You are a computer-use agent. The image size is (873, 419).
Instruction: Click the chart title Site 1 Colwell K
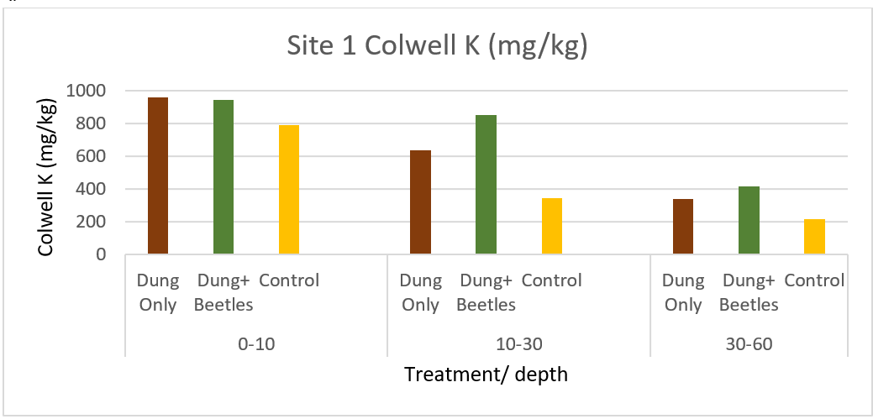(x=435, y=46)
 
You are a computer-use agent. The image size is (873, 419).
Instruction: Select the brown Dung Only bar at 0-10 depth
(x=158, y=175)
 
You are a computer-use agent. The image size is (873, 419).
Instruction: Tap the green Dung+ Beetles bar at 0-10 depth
(x=224, y=177)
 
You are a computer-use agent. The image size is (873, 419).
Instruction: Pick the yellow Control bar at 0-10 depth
(x=289, y=190)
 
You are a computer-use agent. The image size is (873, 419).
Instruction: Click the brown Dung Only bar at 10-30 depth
(x=420, y=202)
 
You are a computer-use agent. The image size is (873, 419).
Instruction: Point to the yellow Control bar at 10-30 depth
(x=552, y=227)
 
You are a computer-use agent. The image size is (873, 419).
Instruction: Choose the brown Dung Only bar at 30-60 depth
(x=683, y=227)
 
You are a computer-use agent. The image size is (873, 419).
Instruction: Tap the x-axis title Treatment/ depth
(x=486, y=374)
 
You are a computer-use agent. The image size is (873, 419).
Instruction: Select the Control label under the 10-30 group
(x=552, y=280)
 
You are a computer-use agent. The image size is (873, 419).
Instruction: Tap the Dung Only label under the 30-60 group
(x=683, y=292)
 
